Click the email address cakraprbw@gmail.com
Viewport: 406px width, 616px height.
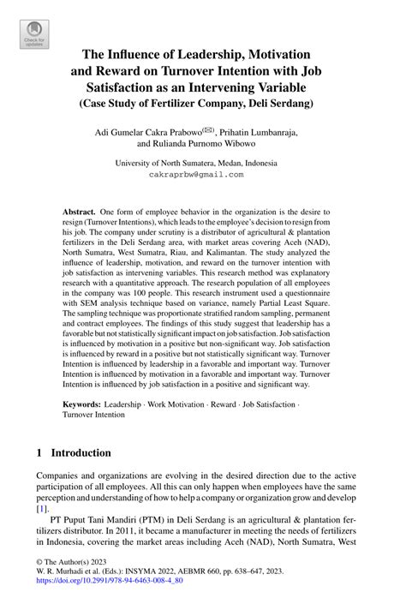(202, 173)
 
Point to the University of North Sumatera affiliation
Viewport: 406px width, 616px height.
(202, 161)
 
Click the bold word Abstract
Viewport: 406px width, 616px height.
(78, 211)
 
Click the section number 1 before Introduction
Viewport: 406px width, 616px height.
(39, 452)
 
